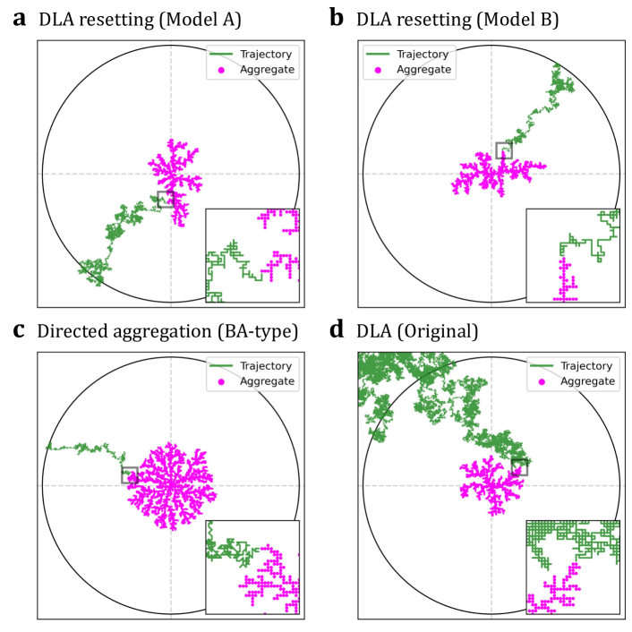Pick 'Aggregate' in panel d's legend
(588, 380)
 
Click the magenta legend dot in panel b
(378, 70)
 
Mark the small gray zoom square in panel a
(165, 199)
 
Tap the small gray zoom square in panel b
(504, 149)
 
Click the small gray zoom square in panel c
(130, 474)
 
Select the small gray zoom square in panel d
(518, 465)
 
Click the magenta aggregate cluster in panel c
(170, 486)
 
